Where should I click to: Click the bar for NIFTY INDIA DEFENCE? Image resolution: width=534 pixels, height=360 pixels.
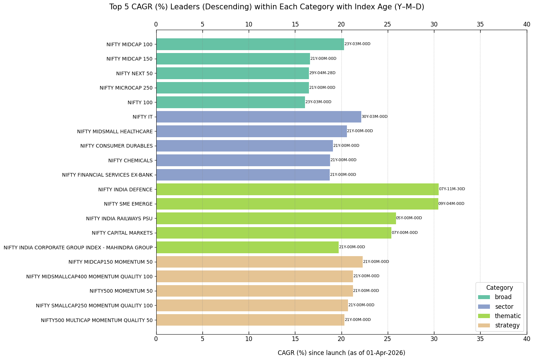pyautogui.click(x=297, y=189)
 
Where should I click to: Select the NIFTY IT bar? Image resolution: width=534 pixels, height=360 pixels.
pyautogui.click(x=259, y=117)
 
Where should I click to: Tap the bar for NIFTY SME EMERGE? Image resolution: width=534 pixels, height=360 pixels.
pyautogui.click(x=297, y=204)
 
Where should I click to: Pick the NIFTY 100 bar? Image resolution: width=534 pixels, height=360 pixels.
pyautogui.click(x=230, y=102)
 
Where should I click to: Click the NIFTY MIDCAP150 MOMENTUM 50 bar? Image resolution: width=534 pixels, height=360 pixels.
pyautogui.click(x=259, y=262)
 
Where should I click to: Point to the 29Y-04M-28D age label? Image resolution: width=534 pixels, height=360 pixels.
pyautogui.click(x=322, y=73)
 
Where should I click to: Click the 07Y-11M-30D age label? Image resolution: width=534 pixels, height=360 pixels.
pyautogui.click(x=452, y=189)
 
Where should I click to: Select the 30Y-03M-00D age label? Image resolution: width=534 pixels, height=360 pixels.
pyautogui.click(x=375, y=117)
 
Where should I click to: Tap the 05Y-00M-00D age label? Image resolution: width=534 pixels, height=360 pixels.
pyautogui.click(x=409, y=218)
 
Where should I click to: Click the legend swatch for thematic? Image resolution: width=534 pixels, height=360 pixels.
pyautogui.click(x=484, y=316)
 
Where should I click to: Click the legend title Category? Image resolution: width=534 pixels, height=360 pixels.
pyautogui.click(x=500, y=288)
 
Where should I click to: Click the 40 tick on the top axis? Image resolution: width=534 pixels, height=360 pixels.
pyautogui.click(x=526, y=24)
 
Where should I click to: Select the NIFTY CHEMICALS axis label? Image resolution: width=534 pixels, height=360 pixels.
pyautogui.click(x=130, y=160)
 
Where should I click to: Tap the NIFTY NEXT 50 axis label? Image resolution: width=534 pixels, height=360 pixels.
pyautogui.click(x=134, y=73)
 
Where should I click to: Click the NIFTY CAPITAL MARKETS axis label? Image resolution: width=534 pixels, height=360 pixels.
pyautogui.click(x=122, y=233)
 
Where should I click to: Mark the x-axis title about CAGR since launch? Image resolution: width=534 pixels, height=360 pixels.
pyautogui.click(x=341, y=353)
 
